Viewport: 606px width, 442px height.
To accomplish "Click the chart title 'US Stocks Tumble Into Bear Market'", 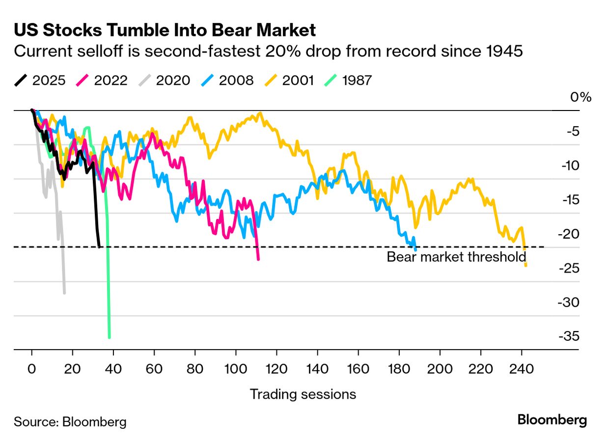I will click(x=165, y=30).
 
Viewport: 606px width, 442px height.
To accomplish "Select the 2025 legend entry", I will click(x=40, y=80).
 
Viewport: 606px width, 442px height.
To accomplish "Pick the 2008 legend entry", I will click(x=227, y=80).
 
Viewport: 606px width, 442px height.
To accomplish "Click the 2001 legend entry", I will click(x=290, y=80).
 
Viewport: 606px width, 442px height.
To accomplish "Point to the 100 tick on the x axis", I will click(x=236, y=368).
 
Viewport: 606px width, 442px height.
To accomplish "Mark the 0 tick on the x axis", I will click(x=32, y=368).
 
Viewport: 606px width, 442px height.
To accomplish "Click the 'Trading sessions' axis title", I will click(x=303, y=394).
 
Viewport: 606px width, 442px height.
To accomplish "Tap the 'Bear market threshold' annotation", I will click(x=456, y=257).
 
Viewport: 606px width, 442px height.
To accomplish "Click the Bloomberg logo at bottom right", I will click(x=552, y=420).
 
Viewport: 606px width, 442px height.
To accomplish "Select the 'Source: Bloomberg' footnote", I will click(x=70, y=422).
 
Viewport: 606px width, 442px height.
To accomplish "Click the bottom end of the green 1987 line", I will click(x=109, y=337).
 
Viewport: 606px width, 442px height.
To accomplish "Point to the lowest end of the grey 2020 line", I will click(x=64, y=293).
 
